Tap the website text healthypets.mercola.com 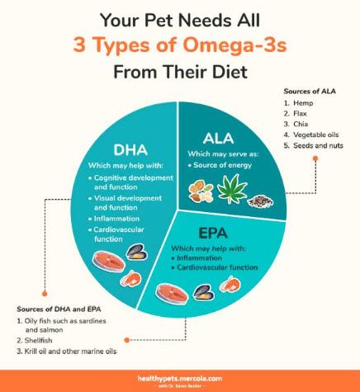pos(179,375)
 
